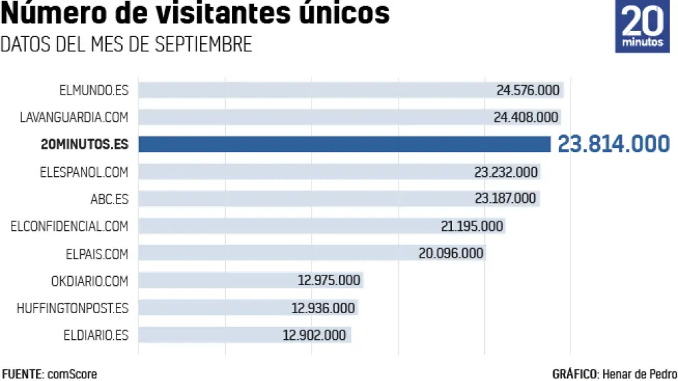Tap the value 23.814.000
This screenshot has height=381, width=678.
[x=613, y=144]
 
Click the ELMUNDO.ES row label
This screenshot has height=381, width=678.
[x=94, y=90]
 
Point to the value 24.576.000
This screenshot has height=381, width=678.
[x=528, y=90]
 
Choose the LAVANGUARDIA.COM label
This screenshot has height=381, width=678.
[x=74, y=117]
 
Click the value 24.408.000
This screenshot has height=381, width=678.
[x=526, y=117]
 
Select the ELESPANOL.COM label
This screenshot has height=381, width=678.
[x=84, y=171]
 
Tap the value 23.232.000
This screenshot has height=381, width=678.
[x=506, y=171]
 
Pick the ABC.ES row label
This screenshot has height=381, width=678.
[x=109, y=199]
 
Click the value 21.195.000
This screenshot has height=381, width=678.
[x=472, y=226]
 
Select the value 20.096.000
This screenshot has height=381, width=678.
[x=451, y=254]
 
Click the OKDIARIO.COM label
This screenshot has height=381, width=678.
[x=89, y=281]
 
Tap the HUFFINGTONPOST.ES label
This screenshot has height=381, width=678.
[x=72, y=308]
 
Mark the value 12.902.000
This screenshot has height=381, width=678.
[x=314, y=335]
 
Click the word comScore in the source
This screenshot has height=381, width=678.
[x=72, y=374]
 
